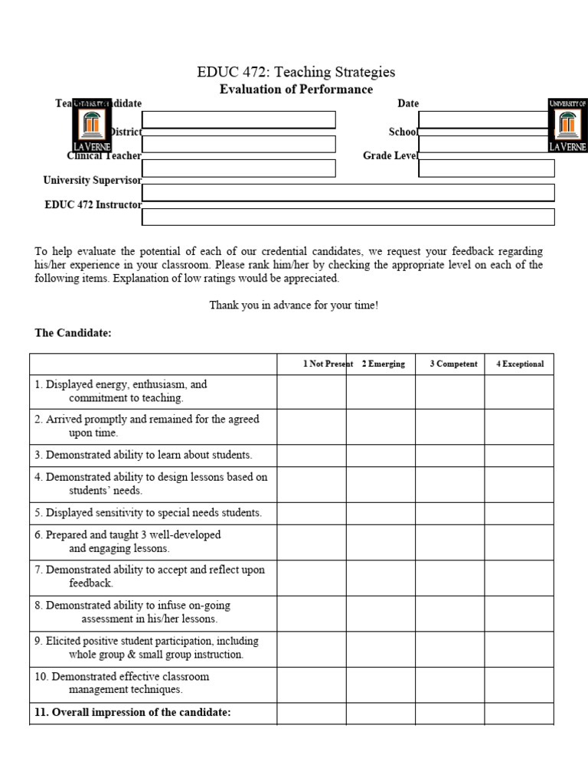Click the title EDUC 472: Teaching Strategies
pos(296,72)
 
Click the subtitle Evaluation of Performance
pos(296,90)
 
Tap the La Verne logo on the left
pos(92,125)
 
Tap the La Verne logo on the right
pos(567,125)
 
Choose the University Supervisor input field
pos(348,192)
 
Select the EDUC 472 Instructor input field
pos(348,217)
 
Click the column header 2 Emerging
pos(383,364)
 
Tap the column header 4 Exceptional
pos(520,364)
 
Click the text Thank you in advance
pos(294,305)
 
